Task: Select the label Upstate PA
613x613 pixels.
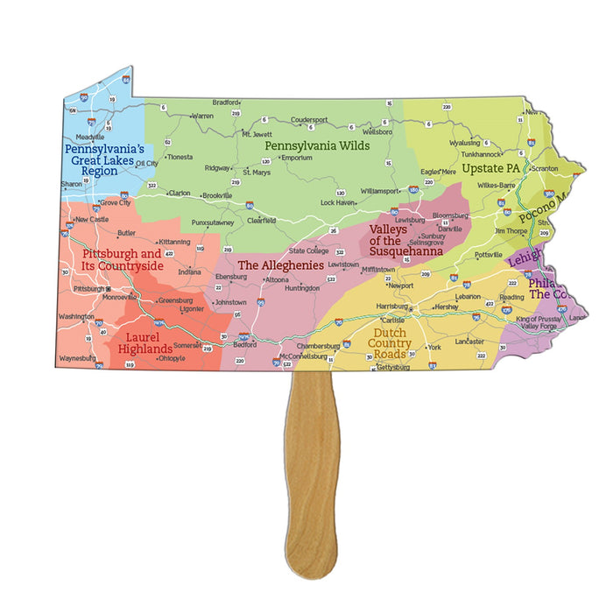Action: (490, 167)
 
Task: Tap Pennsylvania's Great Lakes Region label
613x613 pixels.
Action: (98, 160)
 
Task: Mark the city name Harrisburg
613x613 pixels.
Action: (392, 306)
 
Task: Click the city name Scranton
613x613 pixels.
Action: (544, 167)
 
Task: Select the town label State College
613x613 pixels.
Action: (309, 250)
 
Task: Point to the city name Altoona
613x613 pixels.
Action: (277, 279)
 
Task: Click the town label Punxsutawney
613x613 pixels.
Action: (214, 222)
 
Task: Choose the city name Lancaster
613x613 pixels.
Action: (469, 340)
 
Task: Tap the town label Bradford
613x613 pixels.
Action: (226, 102)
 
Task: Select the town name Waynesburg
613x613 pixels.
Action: (77, 358)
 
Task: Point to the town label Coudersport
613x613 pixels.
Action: (309, 119)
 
